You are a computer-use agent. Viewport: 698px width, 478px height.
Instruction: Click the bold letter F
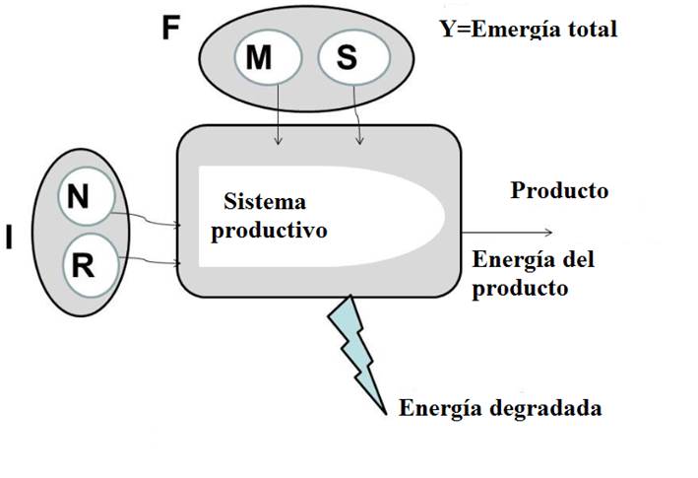pyautogui.click(x=171, y=27)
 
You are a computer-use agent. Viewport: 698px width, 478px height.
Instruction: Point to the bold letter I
pyautogui.click(x=10, y=238)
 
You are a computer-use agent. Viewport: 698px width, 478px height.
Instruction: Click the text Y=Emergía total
pyautogui.click(x=529, y=29)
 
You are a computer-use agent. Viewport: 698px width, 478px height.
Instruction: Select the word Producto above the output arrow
pyautogui.click(x=559, y=190)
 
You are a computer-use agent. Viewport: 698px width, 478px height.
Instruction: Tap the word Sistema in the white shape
pyautogui.click(x=266, y=202)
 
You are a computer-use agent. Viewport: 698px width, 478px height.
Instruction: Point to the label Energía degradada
pyautogui.click(x=500, y=408)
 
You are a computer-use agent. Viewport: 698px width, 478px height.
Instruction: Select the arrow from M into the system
pyautogui.click(x=280, y=114)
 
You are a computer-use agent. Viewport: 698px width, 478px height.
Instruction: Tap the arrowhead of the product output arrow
pyautogui.click(x=551, y=233)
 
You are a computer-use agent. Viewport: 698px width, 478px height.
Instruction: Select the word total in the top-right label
pyautogui.click(x=592, y=29)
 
